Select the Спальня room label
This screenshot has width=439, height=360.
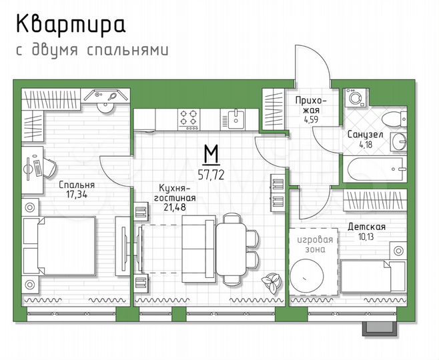pyautogui.click(x=76, y=185)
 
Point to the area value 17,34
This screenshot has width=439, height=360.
pyautogui.click(x=76, y=195)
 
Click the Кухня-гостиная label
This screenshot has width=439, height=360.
pyautogui.click(x=177, y=193)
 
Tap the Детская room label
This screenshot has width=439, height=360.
pyautogui.click(x=366, y=227)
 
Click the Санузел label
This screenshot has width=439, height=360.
pyautogui.click(x=364, y=134)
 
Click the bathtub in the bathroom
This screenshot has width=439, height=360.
pyautogui.click(x=373, y=167)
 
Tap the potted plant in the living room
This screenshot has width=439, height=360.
pyautogui.click(x=271, y=283)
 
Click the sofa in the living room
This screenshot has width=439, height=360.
pyautogui.click(x=198, y=244)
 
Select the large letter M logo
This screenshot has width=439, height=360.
pyautogui.click(x=211, y=154)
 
